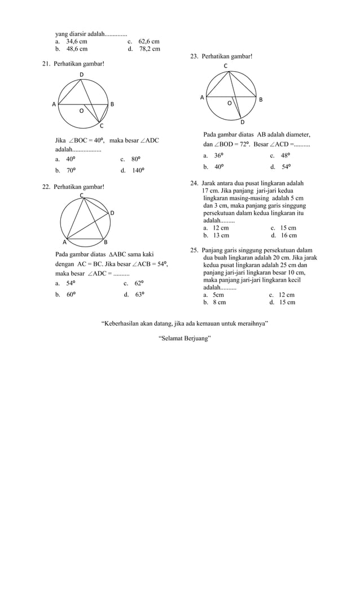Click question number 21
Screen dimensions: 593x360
point(46,64)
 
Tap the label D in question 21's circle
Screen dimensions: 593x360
point(81,75)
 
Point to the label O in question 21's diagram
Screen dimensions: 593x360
point(81,111)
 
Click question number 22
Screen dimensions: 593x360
point(46,187)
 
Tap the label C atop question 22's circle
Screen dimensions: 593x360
point(81,195)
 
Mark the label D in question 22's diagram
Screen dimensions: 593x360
point(112,213)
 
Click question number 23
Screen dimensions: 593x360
point(194,57)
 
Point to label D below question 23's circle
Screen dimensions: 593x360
point(243,122)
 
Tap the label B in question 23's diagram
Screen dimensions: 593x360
point(260,100)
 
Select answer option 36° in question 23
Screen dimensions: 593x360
point(218,156)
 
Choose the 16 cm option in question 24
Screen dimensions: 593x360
point(287,236)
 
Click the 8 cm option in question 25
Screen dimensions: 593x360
point(219,302)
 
